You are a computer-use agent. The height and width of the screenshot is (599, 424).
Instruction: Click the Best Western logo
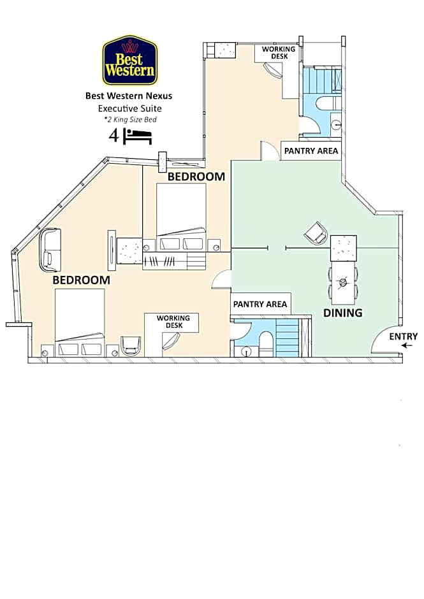(129, 60)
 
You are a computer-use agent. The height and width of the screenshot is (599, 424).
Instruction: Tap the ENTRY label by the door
(404, 336)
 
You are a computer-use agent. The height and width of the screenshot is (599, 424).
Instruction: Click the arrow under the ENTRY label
(407, 346)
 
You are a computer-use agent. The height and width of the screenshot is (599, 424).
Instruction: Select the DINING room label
(342, 313)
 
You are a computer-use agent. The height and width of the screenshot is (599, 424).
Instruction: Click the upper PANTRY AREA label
(311, 151)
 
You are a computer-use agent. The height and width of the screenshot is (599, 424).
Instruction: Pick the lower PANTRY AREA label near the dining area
(260, 304)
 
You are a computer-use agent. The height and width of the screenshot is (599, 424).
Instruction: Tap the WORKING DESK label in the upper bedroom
(279, 53)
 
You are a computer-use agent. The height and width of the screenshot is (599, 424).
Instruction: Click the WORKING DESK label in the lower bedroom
(173, 322)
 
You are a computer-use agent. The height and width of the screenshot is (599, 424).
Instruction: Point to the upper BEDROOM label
(196, 177)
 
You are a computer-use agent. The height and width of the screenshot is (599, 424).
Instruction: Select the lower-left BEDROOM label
(81, 280)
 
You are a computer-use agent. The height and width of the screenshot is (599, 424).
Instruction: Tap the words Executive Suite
(129, 108)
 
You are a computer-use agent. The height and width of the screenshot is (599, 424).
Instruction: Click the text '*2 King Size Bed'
(130, 120)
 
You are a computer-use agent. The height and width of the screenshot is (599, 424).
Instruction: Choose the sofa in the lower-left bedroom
(50, 250)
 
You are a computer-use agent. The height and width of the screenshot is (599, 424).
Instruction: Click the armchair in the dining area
(316, 233)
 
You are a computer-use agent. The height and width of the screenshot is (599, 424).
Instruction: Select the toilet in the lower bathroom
(266, 344)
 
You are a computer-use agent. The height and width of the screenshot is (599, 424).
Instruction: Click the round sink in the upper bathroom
(337, 124)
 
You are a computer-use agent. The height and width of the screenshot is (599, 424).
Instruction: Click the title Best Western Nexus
(129, 96)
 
